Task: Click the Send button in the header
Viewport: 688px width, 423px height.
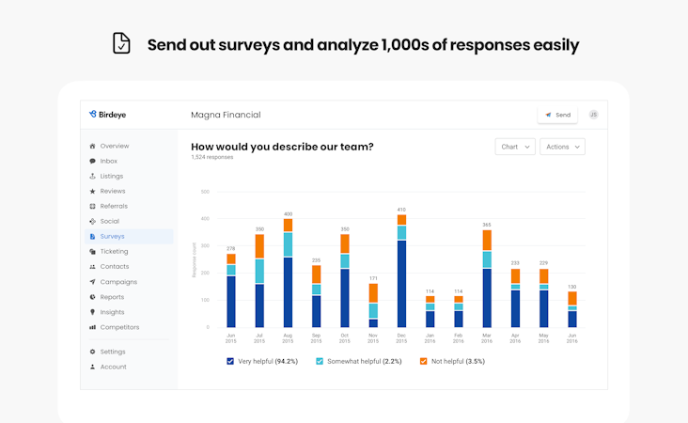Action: [557, 115]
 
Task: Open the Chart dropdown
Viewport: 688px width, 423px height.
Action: [515, 147]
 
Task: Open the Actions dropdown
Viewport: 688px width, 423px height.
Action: [562, 147]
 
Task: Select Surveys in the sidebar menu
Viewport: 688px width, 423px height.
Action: [112, 236]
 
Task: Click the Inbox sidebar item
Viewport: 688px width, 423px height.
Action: [108, 161]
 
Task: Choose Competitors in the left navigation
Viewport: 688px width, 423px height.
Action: [119, 327]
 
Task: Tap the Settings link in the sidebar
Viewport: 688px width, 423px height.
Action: [113, 352]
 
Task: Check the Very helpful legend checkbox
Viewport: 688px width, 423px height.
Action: [230, 361]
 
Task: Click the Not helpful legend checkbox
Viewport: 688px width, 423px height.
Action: [423, 361]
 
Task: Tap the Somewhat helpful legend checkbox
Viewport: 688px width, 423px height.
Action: [320, 361]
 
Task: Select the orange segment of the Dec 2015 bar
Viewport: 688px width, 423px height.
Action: [401, 220]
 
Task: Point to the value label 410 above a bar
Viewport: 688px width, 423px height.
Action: [401, 210]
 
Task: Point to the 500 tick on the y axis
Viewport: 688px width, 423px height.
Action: [205, 192]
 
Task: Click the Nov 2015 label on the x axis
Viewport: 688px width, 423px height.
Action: [373, 338]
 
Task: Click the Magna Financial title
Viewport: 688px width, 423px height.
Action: [226, 115]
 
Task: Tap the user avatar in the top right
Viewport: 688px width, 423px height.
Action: [593, 115]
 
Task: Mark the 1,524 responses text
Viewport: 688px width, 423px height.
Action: [212, 158]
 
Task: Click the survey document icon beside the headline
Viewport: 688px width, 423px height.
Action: [121, 44]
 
